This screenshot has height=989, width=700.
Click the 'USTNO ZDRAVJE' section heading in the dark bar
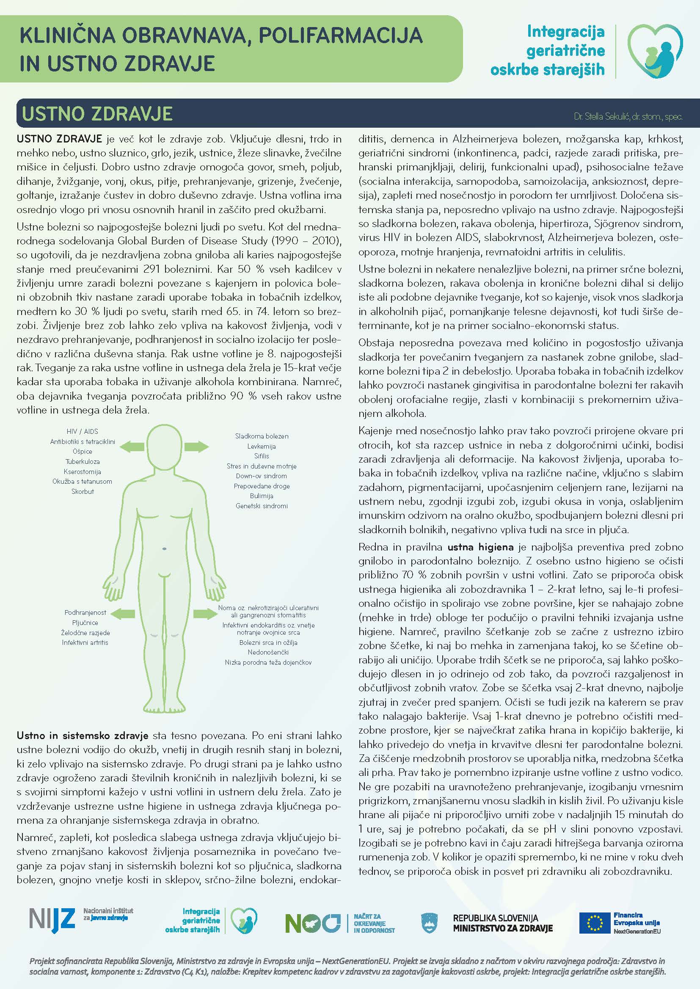pyautogui.click(x=97, y=114)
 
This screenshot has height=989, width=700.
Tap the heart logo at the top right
pyautogui.click(x=655, y=51)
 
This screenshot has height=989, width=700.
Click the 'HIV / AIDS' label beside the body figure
pyautogui.click(x=83, y=431)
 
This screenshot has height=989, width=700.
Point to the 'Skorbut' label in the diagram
pyautogui.click(x=83, y=491)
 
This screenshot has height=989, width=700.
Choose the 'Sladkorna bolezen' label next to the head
pyautogui.click(x=262, y=436)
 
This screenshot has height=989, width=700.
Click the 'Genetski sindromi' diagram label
pyautogui.click(x=262, y=506)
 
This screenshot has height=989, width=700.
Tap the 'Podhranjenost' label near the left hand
pyautogui.click(x=85, y=612)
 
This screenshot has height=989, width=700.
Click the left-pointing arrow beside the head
pyautogui.click(x=132, y=446)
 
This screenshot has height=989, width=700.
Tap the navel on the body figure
pyautogui.click(x=165, y=549)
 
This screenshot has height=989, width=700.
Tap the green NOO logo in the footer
pyautogui.click(x=313, y=923)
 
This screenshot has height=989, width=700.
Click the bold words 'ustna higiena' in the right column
pyautogui.click(x=481, y=547)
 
